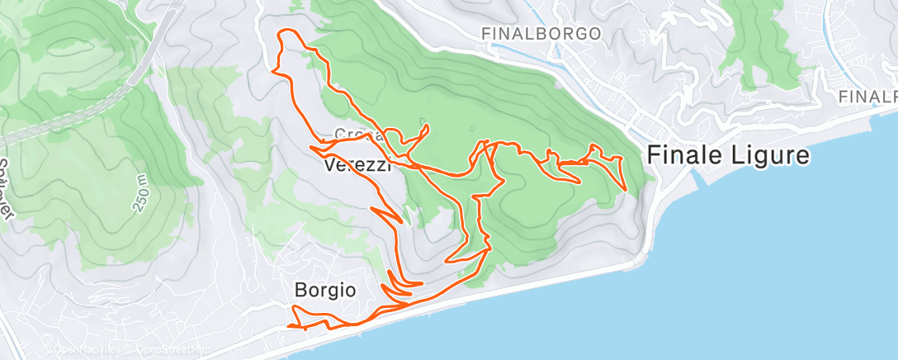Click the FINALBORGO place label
(542, 34)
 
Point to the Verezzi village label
(357, 165)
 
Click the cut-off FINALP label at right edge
(867, 97)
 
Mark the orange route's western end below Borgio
(289, 326)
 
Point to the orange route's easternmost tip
(626, 189)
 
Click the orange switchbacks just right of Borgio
(402, 285)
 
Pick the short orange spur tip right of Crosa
(428, 127)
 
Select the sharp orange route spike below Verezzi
(401, 222)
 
